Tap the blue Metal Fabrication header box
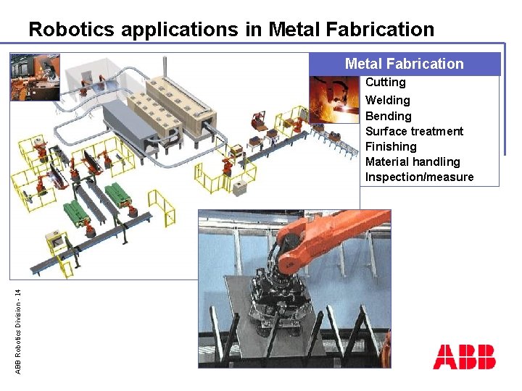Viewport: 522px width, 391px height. pyautogui.click(x=405, y=64)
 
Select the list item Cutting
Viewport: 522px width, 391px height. pyautogui.click(x=385, y=83)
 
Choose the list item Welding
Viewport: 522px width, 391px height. pyautogui.click(x=387, y=100)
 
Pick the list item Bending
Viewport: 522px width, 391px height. pyautogui.click(x=388, y=116)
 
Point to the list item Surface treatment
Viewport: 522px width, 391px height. pyautogui.click(x=414, y=131)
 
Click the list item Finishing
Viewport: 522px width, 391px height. pyautogui.click(x=391, y=146)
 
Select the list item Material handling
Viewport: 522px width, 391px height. pyautogui.click(x=413, y=161)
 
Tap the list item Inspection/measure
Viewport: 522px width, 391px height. pyautogui.click(x=419, y=177)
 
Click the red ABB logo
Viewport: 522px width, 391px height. pyautogui.click(x=464, y=357)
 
